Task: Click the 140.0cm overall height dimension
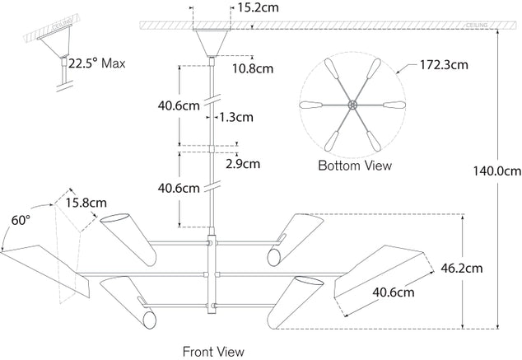point(496,172)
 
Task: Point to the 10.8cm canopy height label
point(252,68)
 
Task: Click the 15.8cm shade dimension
point(86,203)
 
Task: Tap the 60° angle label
point(20,220)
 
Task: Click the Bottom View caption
point(354,166)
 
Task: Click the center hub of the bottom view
point(353,105)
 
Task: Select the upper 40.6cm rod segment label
point(179,105)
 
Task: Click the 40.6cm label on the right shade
point(393,291)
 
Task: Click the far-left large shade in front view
point(41,262)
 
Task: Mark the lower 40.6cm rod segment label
point(179,188)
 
